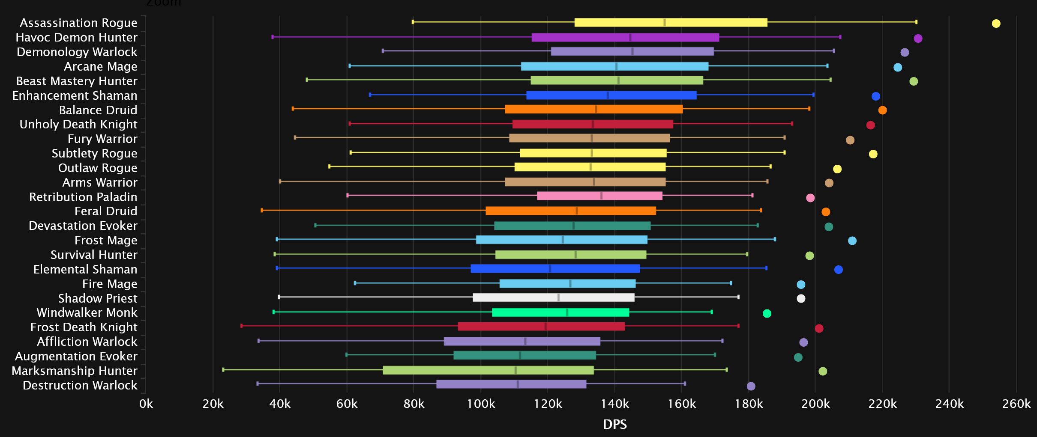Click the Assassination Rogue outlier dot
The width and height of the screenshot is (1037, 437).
pyautogui.click(x=996, y=24)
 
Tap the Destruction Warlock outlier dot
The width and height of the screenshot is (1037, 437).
pyautogui.click(x=751, y=386)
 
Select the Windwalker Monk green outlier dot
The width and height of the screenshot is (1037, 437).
pyautogui.click(x=767, y=313)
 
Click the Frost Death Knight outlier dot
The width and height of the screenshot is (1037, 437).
pyautogui.click(x=819, y=328)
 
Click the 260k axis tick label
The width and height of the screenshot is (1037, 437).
pyautogui.click(x=1016, y=404)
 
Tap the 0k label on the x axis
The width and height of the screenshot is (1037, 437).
pyautogui.click(x=146, y=404)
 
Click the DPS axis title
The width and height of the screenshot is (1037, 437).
pyautogui.click(x=614, y=424)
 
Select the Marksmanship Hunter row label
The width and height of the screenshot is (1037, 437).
pyautogui.click(x=75, y=371)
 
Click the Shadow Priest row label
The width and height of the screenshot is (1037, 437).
pyautogui.click(x=98, y=298)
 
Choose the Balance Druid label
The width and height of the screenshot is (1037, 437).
pyautogui.click(x=98, y=110)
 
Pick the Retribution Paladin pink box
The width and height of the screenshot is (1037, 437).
pyautogui.click(x=599, y=196)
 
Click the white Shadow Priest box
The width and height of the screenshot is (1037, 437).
pyautogui.click(x=553, y=297)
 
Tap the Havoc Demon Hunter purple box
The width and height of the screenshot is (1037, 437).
pyautogui.click(x=625, y=38)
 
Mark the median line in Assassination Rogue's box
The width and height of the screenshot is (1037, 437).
pyautogui.click(x=665, y=23)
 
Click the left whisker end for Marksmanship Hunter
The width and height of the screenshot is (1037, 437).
pyautogui.click(x=223, y=369)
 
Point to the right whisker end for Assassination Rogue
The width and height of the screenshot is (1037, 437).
pyautogui.click(x=916, y=22)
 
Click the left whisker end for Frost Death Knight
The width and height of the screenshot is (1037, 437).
pyautogui.click(x=242, y=326)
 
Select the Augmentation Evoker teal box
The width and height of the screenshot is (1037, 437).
pyautogui.click(x=524, y=355)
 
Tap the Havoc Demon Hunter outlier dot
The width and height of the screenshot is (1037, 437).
pyautogui.click(x=918, y=39)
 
